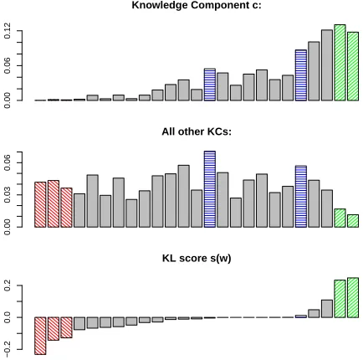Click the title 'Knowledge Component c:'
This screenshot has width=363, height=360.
197,5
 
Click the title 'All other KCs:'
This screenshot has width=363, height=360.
197,131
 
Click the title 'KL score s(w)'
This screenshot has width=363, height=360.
197,258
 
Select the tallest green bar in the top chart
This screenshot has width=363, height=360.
340,63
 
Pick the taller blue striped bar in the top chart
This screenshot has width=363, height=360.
301,75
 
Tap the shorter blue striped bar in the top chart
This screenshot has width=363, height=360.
210,85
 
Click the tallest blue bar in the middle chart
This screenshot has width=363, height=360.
210,189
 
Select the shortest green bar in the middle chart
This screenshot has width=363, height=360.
353,221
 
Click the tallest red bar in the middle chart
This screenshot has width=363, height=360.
54,203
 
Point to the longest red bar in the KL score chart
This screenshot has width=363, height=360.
40,336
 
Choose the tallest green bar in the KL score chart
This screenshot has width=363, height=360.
353,297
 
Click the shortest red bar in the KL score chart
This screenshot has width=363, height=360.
66,327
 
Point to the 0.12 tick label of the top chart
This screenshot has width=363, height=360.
8,31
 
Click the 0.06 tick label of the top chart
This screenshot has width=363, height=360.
8,65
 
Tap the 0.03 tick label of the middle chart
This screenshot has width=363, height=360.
8,195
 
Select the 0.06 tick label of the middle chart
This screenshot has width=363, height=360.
8,162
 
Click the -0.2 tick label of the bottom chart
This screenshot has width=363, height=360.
8,349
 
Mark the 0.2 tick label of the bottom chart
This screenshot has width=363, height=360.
8,285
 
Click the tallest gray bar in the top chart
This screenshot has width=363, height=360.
327,65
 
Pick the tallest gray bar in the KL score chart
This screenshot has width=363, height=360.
327,309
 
